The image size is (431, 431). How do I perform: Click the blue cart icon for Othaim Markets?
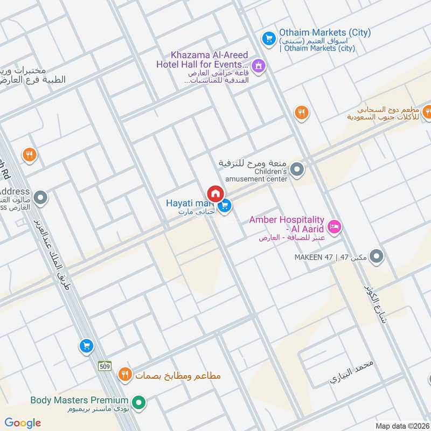[268, 38]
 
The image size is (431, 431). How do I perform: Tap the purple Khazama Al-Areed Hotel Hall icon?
[259, 66]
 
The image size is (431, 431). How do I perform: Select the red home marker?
[215, 193]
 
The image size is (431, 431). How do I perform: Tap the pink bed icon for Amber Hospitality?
[334, 226]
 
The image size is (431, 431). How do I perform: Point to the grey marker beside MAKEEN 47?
[377, 256]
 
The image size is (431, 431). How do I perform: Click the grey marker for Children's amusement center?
[297, 171]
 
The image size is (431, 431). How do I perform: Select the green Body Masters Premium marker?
[139, 401]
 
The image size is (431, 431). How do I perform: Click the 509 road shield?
[105, 366]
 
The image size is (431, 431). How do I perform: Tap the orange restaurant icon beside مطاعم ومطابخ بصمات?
[125, 374]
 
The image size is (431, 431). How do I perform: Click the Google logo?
[23, 423]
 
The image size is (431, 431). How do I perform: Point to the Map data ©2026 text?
[401, 426]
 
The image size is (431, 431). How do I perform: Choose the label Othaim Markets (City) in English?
[325, 32]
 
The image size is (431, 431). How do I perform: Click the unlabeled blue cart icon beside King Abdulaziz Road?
[86, 346]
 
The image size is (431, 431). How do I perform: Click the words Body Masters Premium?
[79, 400]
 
